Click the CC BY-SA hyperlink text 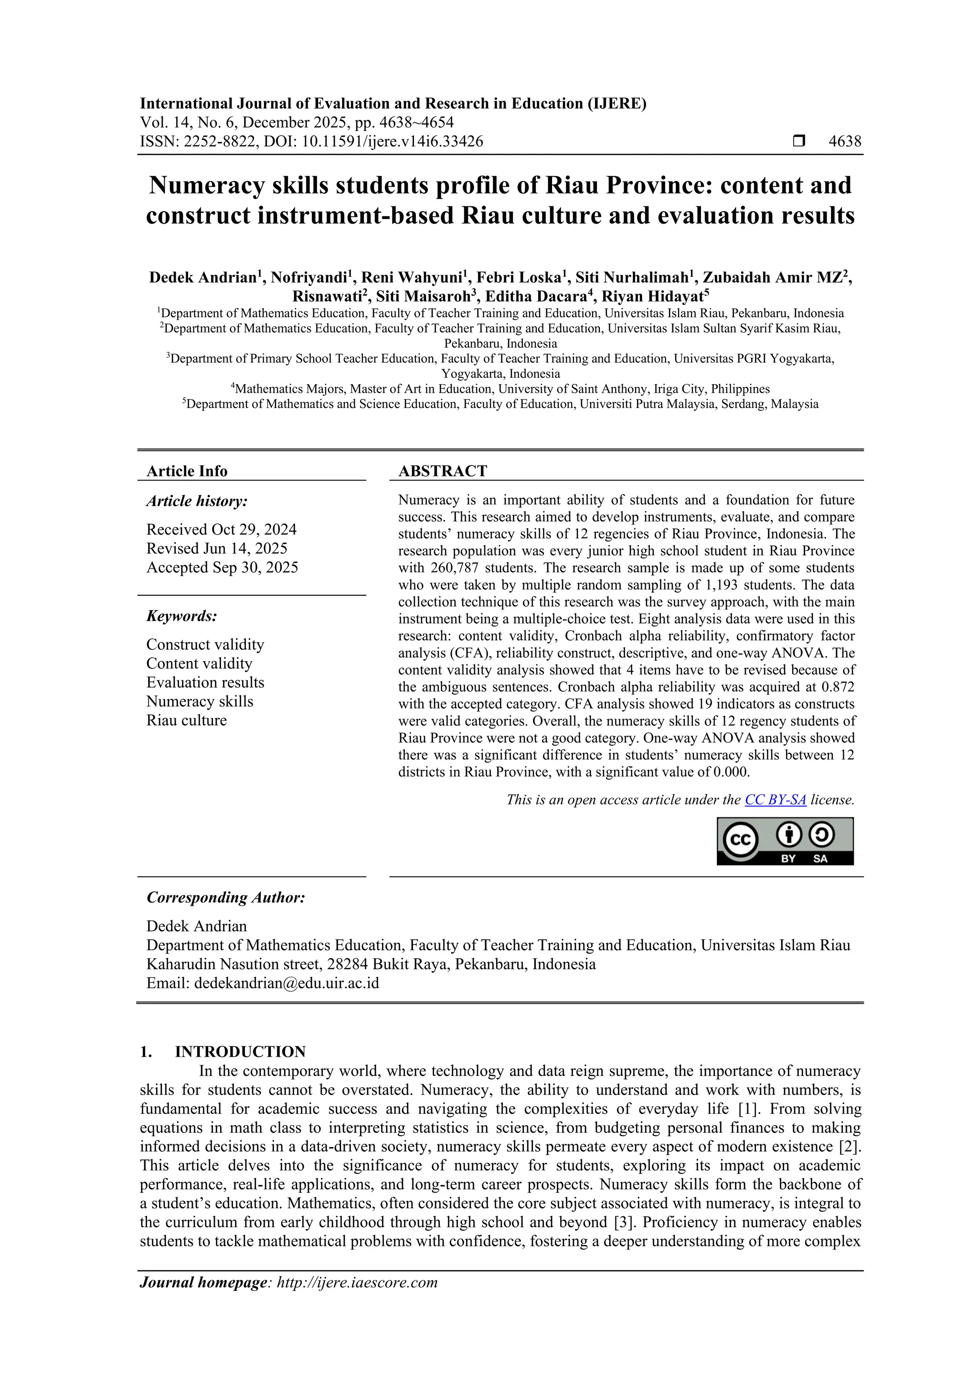(x=775, y=800)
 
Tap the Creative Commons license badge (x=785, y=841)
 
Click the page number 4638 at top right (x=845, y=142)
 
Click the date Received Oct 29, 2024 (x=221, y=529)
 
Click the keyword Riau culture (x=186, y=720)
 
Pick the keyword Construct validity (x=205, y=644)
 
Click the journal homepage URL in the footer (x=357, y=1282)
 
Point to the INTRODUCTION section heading (x=240, y=1052)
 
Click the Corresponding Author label (x=225, y=898)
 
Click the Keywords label (x=181, y=616)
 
